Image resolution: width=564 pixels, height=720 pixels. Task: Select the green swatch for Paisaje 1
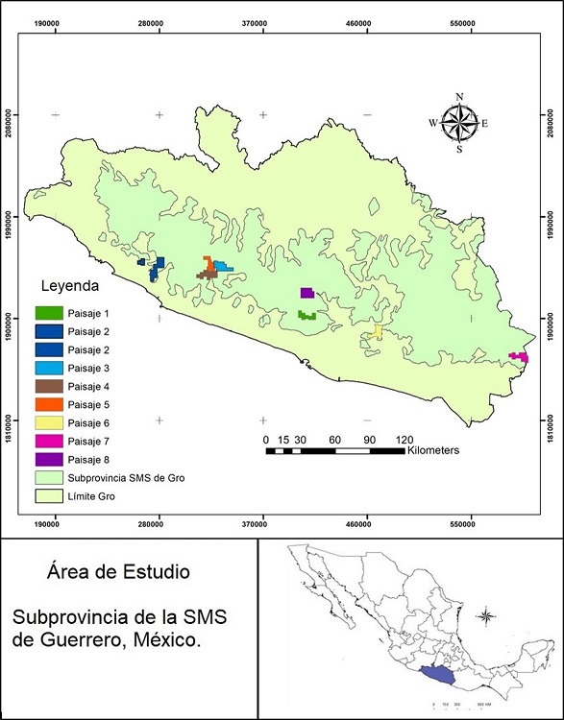(49, 313)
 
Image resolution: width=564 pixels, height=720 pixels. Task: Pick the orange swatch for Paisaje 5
(49, 404)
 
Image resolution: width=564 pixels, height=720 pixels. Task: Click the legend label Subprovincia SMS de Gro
(127, 477)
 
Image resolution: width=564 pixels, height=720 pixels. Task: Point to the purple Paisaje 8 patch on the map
(307, 293)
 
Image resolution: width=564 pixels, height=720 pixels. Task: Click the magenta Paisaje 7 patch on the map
(519, 357)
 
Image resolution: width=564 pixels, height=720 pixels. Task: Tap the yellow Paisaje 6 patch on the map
(378, 332)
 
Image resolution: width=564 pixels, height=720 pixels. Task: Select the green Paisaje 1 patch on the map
(307, 315)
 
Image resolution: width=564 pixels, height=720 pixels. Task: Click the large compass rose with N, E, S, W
(459, 123)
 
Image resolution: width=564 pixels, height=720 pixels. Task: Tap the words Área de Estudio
(117, 572)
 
